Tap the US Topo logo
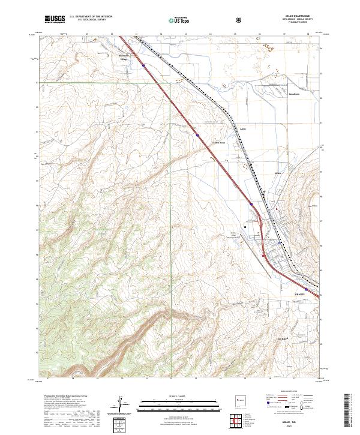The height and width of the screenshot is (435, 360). (172, 19)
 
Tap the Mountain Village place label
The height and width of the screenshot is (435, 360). (122, 58)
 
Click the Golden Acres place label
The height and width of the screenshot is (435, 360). (218, 143)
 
